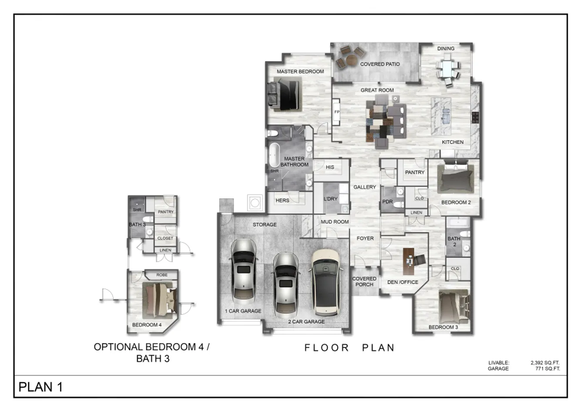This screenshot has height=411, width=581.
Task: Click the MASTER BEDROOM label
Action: [300, 71]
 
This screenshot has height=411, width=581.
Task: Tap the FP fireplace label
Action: [337, 112]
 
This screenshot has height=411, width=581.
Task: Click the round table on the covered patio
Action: [352, 60]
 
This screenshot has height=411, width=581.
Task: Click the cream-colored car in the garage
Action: [326, 283]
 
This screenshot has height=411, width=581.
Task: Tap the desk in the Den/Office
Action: [408, 261]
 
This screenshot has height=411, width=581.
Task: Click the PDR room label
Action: [387, 202]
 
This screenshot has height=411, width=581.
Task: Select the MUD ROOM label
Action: [335, 222]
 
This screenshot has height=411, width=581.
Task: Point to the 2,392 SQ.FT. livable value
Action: [545, 363]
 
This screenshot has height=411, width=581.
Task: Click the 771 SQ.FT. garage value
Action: [547, 368]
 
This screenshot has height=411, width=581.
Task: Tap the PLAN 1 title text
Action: [40, 387]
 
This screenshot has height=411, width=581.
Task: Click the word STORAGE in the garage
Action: [265, 225]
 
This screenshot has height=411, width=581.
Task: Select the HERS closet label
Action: [282, 201]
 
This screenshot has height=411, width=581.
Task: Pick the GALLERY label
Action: [364, 187]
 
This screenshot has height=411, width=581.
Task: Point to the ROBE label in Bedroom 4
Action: [162, 275]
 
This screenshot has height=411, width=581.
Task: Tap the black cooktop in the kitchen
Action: [475, 117]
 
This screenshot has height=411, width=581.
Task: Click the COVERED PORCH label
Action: [364, 282]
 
